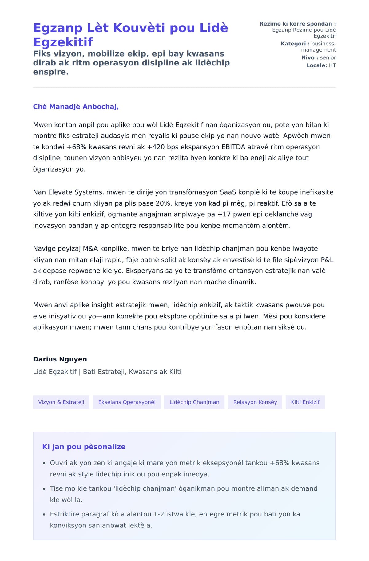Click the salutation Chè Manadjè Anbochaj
[76, 107]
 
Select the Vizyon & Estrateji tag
[61, 402]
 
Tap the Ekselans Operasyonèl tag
[127, 402]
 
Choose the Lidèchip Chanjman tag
[194, 402]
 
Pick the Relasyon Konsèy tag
[255, 402]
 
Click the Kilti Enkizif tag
[305, 402]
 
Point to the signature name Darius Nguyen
[60, 359]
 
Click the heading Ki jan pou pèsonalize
[84, 447]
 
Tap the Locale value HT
[332, 65]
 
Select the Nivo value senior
[328, 57]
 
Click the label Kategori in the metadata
[293, 44]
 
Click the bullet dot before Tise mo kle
[44, 489]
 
